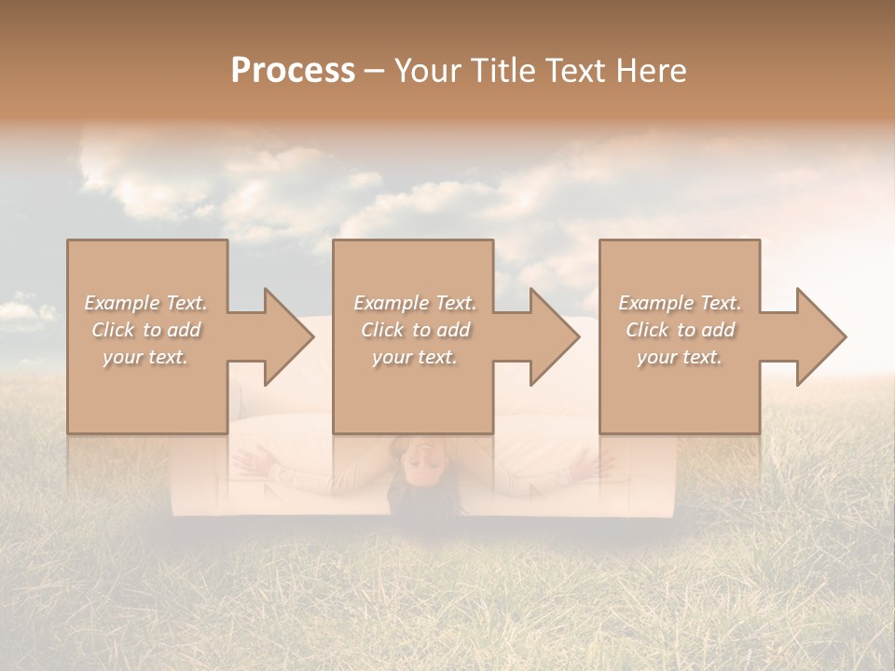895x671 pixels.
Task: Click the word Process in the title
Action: click(293, 71)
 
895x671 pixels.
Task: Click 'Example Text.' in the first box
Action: click(145, 303)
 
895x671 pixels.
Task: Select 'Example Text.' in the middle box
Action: click(415, 303)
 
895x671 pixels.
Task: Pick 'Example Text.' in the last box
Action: click(680, 303)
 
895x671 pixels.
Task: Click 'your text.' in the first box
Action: click(145, 358)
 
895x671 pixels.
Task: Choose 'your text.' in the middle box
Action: click(415, 358)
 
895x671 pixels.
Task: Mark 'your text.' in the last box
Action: click(680, 358)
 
